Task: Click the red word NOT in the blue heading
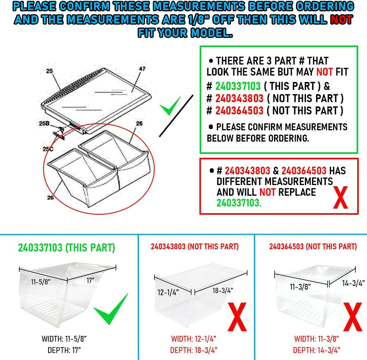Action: [x=342, y=20]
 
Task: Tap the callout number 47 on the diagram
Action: [x=142, y=69]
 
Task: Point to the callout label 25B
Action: [x=44, y=124]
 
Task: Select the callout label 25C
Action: [x=48, y=149]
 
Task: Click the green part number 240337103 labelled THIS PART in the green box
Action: [x=238, y=86]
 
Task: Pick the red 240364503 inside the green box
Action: [x=239, y=111]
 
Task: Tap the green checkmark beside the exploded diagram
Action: [x=170, y=106]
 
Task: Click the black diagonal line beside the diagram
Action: [x=176, y=116]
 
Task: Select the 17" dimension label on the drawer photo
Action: [x=91, y=280]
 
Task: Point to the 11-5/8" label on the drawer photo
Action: [x=41, y=282]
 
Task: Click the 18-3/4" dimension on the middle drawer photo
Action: [x=223, y=291]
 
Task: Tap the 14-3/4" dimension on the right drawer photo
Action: [x=353, y=283]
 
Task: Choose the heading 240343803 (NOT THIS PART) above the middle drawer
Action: [x=195, y=247]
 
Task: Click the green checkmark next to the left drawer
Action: [x=111, y=309]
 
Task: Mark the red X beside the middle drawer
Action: [x=237, y=317]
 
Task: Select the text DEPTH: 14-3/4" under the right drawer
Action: [x=317, y=350]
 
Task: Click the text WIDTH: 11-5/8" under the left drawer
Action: [x=64, y=339]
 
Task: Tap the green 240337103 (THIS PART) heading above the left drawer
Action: [x=67, y=248]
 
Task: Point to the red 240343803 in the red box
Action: [x=247, y=171]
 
